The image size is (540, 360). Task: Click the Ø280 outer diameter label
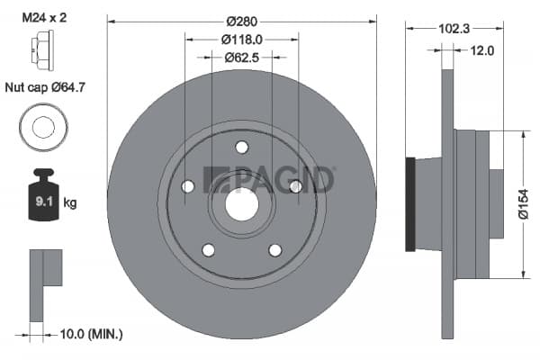point(242,22)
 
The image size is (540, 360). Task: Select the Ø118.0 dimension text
point(242,40)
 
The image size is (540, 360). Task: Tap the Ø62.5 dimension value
point(242,58)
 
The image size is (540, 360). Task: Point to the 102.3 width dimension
point(454,29)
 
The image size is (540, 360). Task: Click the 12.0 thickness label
point(482,50)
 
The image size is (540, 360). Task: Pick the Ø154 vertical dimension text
point(523,204)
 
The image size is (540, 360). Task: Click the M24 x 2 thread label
point(44,17)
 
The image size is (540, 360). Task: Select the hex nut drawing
point(42,50)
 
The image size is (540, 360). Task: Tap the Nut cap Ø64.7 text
point(45,87)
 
